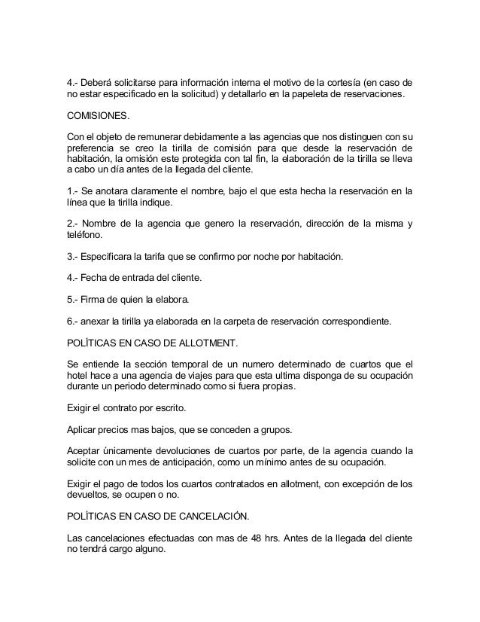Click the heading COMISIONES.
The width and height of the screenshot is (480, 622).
[x=99, y=117]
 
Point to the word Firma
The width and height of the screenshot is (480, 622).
[x=96, y=300]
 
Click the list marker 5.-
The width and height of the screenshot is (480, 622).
[x=74, y=300]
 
